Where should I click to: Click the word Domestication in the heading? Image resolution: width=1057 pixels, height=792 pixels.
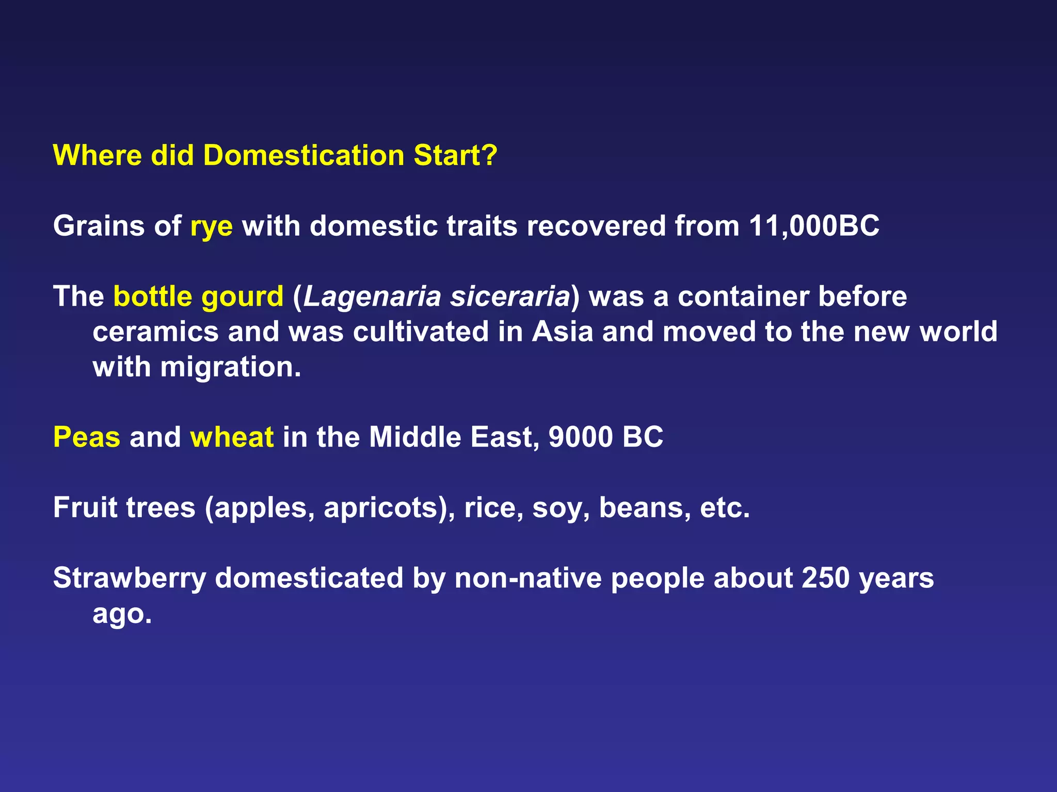click(x=303, y=155)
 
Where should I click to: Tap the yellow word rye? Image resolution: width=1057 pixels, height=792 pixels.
click(x=212, y=227)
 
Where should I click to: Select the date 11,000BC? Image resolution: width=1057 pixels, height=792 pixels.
click(x=814, y=226)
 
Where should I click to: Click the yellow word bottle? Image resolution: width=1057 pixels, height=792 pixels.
click(x=153, y=296)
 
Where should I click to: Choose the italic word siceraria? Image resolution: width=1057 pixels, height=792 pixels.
click(x=510, y=296)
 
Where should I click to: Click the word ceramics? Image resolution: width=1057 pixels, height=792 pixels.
click(x=155, y=332)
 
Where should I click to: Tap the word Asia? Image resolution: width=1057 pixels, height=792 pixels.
click(x=563, y=332)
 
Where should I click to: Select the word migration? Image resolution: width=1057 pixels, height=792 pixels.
click(x=230, y=368)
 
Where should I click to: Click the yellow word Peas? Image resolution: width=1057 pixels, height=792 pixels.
click(x=87, y=437)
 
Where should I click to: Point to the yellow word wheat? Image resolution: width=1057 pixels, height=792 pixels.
click(x=232, y=437)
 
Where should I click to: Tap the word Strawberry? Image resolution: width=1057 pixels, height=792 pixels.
click(x=130, y=579)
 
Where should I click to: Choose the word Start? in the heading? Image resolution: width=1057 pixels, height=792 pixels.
click(x=455, y=155)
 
